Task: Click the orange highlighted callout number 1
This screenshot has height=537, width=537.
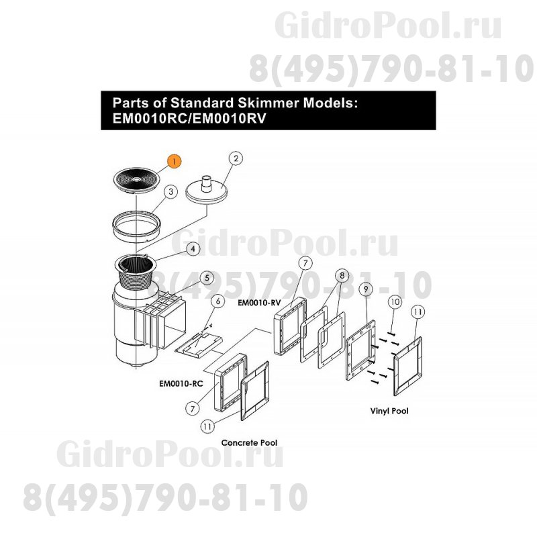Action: [x=174, y=161]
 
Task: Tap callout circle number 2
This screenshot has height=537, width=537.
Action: [x=236, y=158]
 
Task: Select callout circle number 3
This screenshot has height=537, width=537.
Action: [x=171, y=192]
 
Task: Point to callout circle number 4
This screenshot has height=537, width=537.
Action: [x=193, y=249]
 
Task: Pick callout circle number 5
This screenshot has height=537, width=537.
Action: [x=207, y=278]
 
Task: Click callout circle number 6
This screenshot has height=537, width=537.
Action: [x=217, y=301]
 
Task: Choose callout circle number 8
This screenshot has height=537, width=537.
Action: [x=342, y=275]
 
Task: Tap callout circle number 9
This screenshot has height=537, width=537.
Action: [x=366, y=289]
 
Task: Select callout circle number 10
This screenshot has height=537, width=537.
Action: [x=395, y=302]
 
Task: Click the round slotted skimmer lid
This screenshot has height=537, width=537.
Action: [x=136, y=180]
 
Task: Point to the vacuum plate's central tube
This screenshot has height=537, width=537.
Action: [x=206, y=183]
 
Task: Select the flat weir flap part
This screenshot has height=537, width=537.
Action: [x=199, y=346]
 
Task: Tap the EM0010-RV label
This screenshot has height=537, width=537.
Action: [x=259, y=303]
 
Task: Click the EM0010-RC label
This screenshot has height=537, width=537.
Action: [x=181, y=383]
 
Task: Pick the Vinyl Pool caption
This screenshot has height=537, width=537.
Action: [x=389, y=411]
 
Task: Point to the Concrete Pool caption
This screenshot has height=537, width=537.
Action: [x=249, y=443]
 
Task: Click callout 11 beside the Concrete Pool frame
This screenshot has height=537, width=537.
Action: [x=207, y=426]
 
